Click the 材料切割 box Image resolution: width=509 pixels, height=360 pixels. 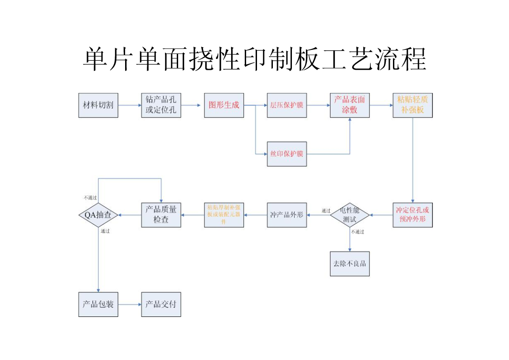pos(98,105)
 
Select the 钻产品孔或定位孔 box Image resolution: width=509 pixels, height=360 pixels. pos(161,105)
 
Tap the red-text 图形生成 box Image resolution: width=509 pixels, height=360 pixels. pos(224,105)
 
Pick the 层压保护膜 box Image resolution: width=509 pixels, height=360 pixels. pos(286,105)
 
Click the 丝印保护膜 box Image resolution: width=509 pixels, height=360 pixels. pos(286,154)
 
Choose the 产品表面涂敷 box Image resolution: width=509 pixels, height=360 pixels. pos(349,105)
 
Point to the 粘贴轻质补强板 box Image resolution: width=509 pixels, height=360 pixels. pos(412,105)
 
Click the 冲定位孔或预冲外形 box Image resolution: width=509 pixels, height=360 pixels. pos(412,215)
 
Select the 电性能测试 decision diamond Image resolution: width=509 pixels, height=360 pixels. pos(349,215)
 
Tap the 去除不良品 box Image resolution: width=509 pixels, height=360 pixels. pos(349,263)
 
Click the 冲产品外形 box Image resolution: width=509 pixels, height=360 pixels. pos(286,215)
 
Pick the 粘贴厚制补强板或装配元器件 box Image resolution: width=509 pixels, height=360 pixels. pos(224,215)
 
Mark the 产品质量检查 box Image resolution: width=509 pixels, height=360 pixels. pos(161,215)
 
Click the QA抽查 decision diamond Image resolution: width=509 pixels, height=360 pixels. pos(98,215)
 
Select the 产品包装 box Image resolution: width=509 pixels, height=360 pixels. pos(98,304)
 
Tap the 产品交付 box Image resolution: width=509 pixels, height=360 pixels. pos(161,304)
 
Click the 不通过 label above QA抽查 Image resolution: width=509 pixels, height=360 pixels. pos(90,198)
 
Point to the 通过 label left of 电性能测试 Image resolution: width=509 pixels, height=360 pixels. pos(326,210)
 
